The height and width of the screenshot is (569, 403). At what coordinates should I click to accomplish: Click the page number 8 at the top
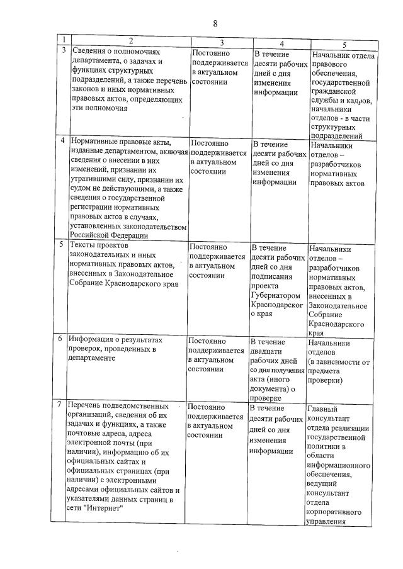(215, 23)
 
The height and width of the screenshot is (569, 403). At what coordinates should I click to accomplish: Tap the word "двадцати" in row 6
(268, 352)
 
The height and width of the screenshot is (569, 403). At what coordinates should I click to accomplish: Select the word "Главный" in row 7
(322, 409)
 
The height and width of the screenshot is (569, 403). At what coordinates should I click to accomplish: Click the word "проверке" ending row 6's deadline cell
(267, 398)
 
